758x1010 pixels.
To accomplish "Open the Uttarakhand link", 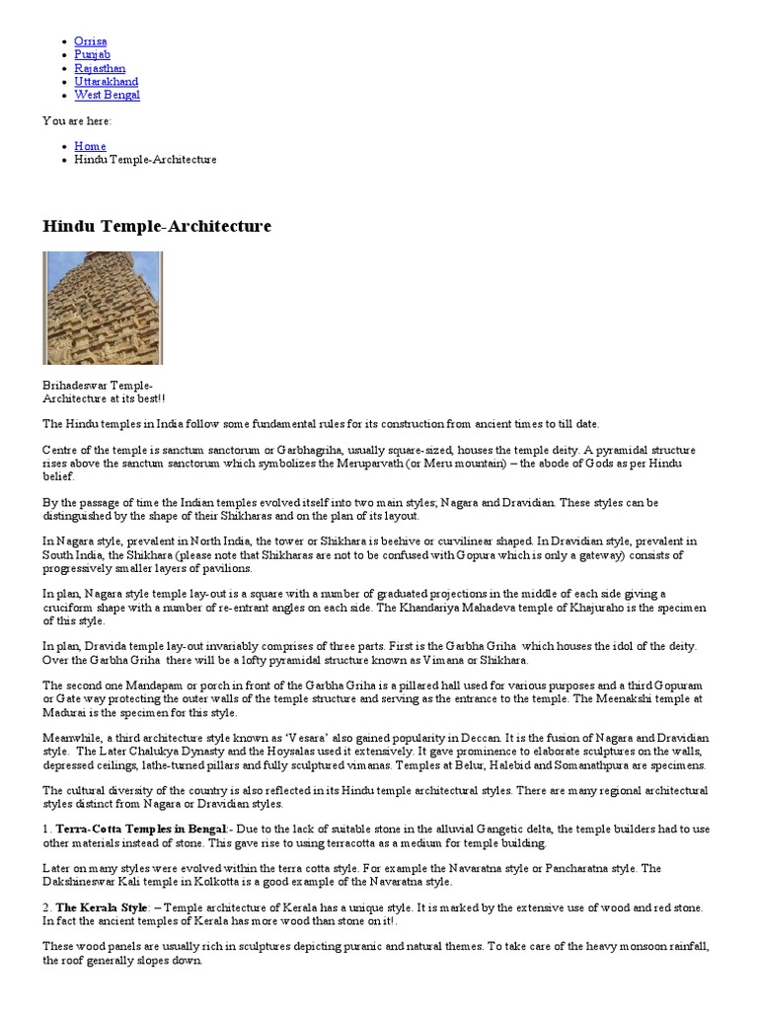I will tap(106, 82).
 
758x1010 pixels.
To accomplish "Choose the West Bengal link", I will tap(107, 96).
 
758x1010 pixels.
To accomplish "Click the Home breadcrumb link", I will tap(90, 146).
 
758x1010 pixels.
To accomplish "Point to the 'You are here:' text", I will tap(77, 120).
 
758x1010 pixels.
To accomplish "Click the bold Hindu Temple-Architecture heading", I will tap(157, 227).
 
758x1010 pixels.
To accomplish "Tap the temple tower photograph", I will tap(103, 308).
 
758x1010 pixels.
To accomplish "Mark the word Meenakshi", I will tap(606, 698).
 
